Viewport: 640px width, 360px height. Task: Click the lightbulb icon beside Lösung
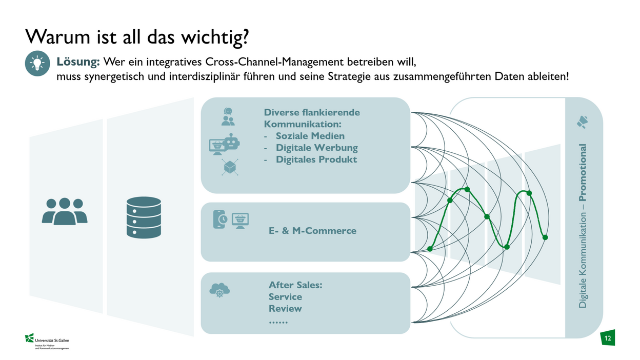point(37,64)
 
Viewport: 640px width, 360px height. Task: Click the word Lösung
point(77,62)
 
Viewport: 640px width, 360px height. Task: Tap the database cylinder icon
point(144,217)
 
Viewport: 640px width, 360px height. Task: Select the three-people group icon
point(65,211)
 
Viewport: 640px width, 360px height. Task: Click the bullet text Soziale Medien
point(310,136)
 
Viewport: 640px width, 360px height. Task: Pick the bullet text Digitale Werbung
point(317,148)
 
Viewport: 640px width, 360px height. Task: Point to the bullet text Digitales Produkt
point(316,159)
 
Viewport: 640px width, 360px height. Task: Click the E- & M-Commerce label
point(312,231)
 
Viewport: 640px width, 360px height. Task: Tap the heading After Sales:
point(295,285)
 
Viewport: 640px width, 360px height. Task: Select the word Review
point(285,309)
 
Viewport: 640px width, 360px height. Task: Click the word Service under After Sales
point(285,297)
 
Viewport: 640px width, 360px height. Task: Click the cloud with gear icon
point(219,291)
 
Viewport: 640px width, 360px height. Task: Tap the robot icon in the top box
point(232,142)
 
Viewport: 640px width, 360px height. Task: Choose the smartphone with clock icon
point(220,219)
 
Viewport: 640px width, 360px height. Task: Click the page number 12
point(608,338)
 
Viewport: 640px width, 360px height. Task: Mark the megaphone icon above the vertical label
point(583,122)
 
